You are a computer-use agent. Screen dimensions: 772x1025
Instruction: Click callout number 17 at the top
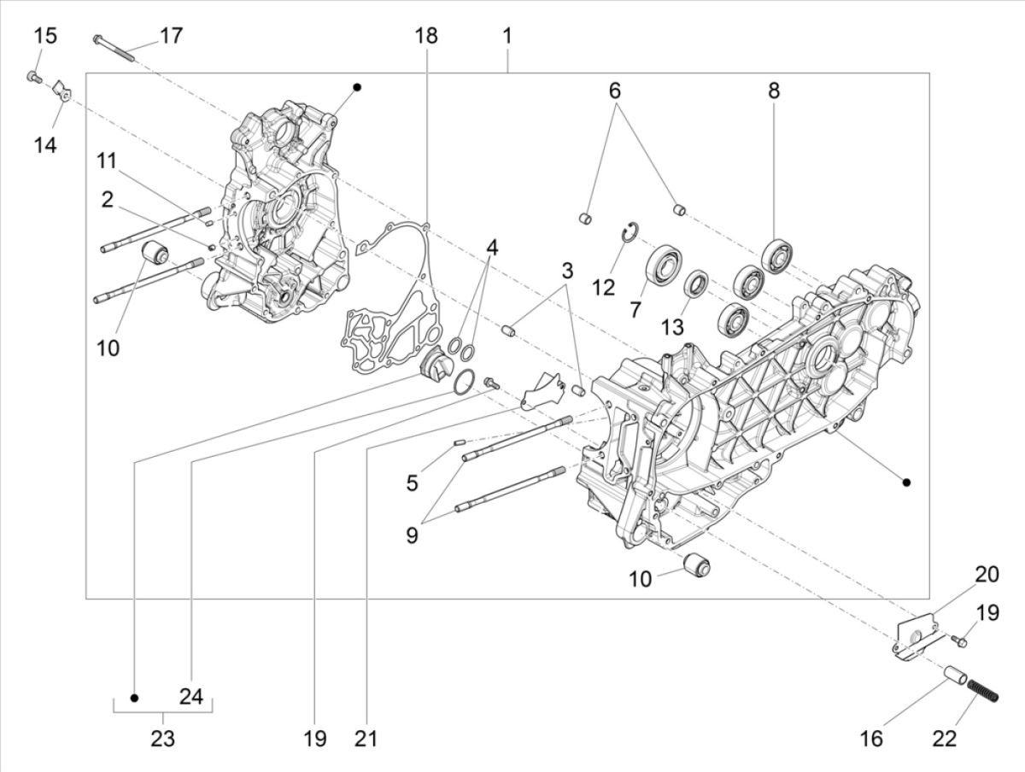pos(171,36)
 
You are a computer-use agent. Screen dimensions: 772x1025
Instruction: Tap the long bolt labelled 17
pos(114,48)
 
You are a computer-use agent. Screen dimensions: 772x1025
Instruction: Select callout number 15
pos(45,36)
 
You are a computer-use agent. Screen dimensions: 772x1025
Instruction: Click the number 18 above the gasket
pos(426,36)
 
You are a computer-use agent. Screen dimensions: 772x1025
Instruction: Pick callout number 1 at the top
pos(507,36)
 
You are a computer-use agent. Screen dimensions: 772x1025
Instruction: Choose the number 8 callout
pos(774,91)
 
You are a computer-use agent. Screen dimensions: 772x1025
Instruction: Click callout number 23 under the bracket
pos(163,738)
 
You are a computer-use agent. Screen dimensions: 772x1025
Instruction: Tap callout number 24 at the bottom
pos(190,697)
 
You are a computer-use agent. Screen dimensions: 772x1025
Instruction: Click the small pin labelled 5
pos(458,442)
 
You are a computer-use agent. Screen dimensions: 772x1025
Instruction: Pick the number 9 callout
pos(413,535)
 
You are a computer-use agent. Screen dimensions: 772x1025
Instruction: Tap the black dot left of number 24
pos(134,697)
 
